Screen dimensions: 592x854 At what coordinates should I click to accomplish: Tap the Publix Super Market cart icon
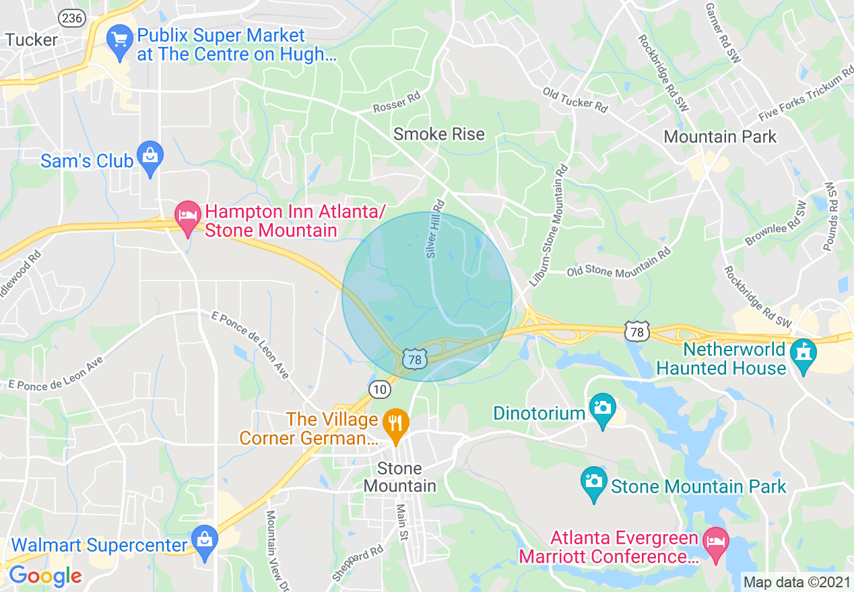click(121, 38)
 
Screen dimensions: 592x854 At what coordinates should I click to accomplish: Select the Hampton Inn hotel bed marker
click(187, 215)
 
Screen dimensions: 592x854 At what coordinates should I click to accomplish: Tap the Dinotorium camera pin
click(601, 408)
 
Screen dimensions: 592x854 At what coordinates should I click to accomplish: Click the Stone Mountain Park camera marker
click(593, 481)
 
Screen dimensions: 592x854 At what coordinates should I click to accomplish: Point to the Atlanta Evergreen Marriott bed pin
click(715, 541)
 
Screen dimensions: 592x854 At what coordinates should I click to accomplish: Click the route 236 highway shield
click(72, 18)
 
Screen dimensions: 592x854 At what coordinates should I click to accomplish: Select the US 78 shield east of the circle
click(636, 331)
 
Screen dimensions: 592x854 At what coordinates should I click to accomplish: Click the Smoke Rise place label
click(439, 134)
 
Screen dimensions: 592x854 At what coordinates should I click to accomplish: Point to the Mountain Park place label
click(720, 137)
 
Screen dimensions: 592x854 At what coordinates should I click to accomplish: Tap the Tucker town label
click(32, 40)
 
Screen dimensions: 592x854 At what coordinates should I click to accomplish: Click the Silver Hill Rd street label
click(436, 228)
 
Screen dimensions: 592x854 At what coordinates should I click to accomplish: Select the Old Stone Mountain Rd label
click(619, 263)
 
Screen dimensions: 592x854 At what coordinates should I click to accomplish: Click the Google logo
click(45, 577)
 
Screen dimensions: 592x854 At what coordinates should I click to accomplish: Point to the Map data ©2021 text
click(797, 583)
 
